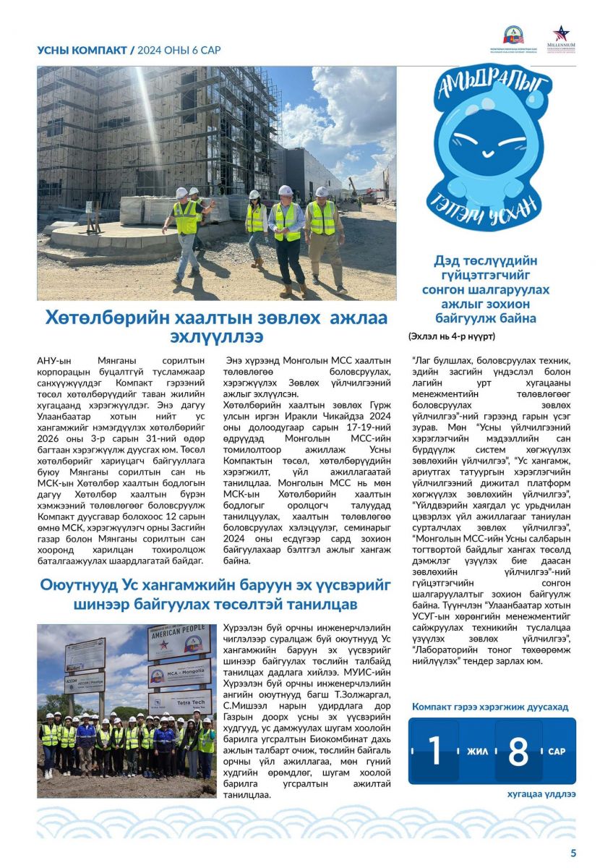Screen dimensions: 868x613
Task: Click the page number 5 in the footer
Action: [x=573, y=853]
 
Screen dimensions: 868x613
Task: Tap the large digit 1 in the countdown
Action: [x=434, y=751]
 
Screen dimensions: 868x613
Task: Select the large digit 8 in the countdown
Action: [x=518, y=751]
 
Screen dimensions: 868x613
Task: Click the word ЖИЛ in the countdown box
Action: [x=477, y=752]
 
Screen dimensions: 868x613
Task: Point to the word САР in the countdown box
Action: [x=557, y=752]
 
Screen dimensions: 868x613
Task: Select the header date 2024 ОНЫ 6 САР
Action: [x=179, y=50]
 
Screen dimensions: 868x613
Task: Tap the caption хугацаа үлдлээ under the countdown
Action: [x=541, y=794]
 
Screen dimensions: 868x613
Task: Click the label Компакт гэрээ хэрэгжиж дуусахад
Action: [x=490, y=706]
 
